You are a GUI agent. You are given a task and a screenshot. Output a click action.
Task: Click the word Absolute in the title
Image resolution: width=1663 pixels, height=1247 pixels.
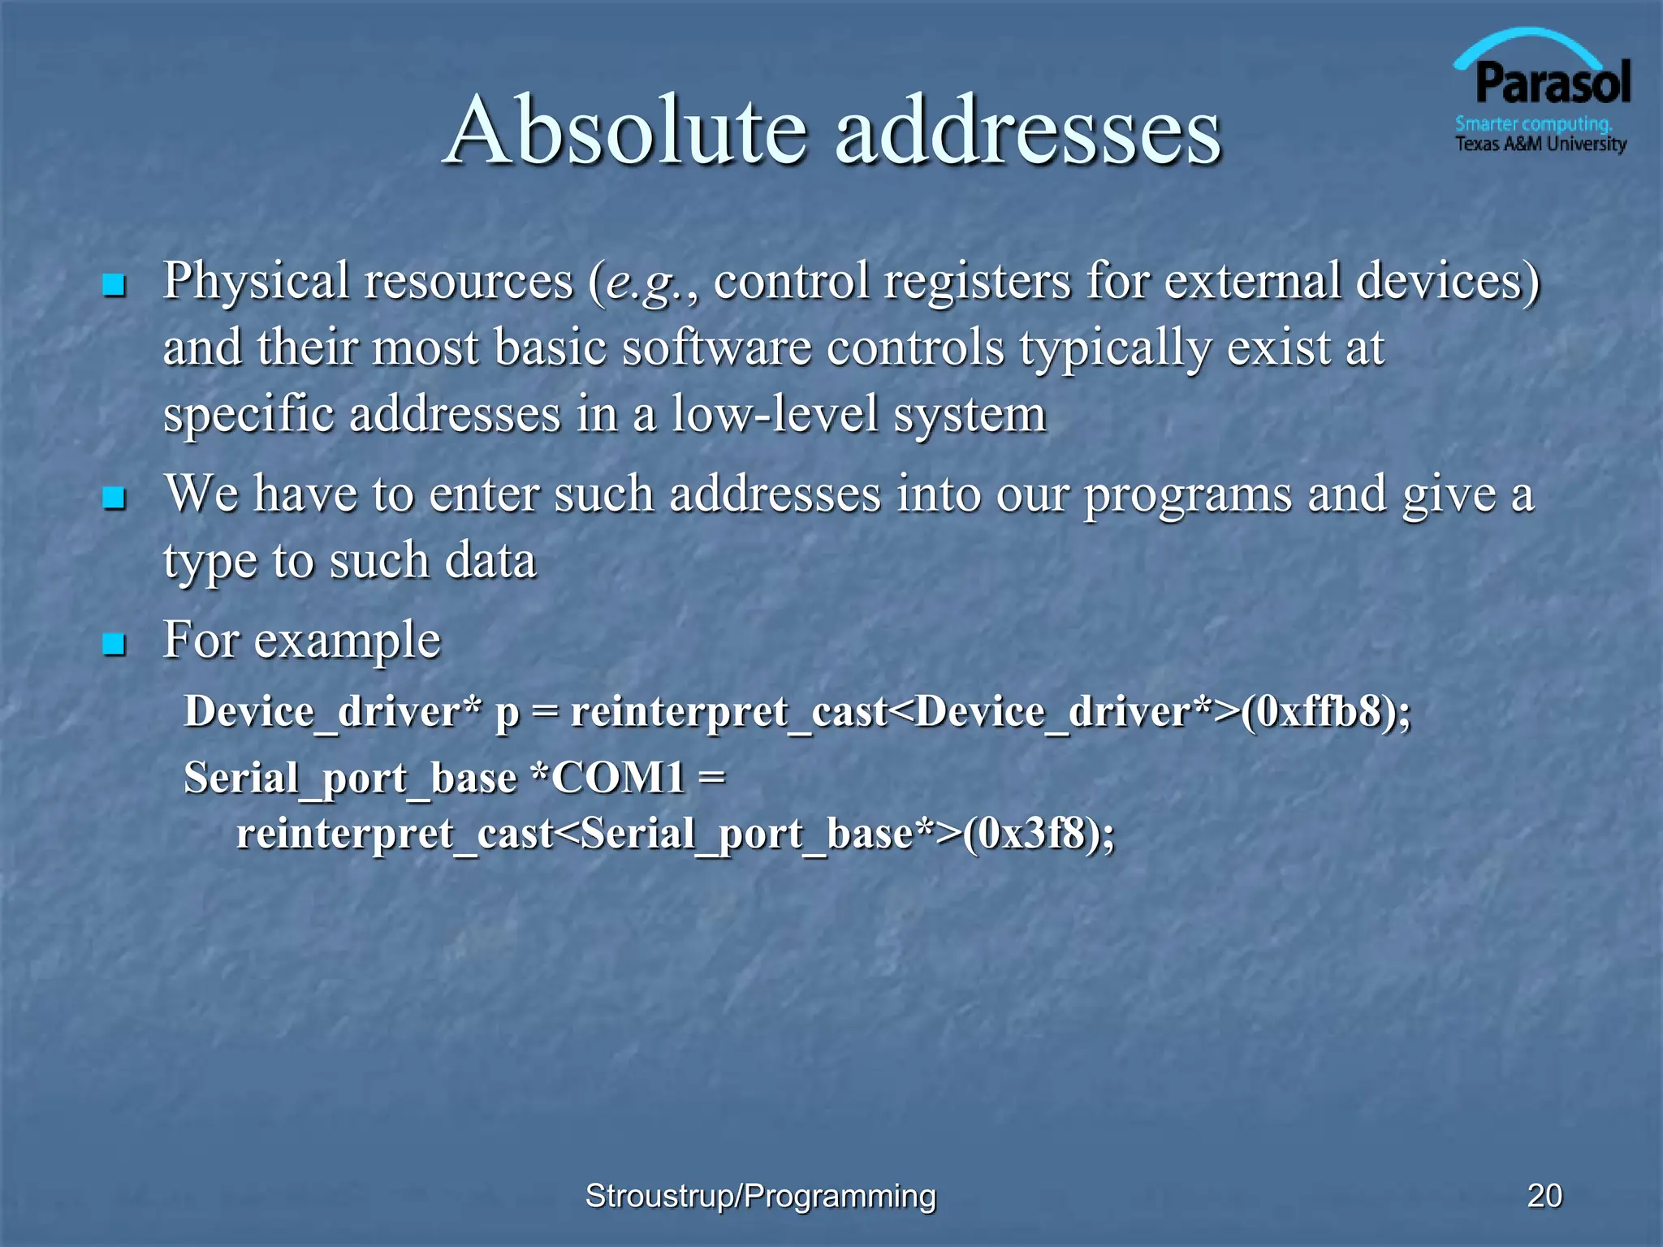[x=625, y=130]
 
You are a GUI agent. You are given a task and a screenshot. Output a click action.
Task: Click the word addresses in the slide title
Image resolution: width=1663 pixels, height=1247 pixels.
[x=1027, y=130]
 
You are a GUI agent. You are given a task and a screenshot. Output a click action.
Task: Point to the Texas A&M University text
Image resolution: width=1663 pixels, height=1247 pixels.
[x=1540, y=145]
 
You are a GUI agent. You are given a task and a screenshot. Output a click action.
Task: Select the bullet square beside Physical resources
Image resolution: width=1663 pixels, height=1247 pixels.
[x=114, y=285]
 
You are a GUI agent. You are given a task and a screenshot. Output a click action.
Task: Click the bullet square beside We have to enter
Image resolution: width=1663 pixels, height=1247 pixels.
[x=114, y=498]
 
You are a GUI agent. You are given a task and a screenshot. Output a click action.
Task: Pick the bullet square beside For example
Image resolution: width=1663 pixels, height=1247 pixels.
[x=114, y=645]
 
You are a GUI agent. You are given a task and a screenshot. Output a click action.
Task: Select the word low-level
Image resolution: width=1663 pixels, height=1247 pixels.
[x=775, y=414]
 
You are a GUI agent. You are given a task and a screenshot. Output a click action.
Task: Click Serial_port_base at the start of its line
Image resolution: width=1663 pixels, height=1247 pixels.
[x=350, y=778]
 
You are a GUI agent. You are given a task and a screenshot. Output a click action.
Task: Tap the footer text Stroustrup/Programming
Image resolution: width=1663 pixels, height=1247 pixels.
[x=761, y=1196]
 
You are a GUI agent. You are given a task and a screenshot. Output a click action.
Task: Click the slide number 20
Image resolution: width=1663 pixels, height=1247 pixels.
[x=1544, y=1196]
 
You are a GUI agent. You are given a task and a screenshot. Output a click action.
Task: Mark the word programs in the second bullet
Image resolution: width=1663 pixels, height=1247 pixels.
[x=1188, y=495]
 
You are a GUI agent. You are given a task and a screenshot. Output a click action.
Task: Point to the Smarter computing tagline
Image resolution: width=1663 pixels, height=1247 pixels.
[x=1533, y=124]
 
